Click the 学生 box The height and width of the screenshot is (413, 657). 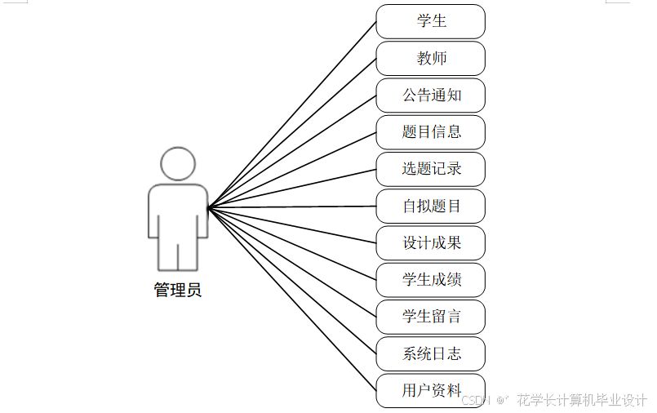coord(430,21)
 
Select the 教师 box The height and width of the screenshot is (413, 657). coord(430,59)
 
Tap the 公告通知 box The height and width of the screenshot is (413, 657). coord(430,95)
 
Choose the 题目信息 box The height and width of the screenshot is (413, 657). coord(430,132)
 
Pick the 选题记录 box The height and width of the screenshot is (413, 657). coord(430,169)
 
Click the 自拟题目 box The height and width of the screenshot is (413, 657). coord(430,206)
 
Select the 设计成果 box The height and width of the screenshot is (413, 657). coord(430,243)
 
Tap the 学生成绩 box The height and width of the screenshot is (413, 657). coord(430,280)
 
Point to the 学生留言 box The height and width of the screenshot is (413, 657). coord(430,317)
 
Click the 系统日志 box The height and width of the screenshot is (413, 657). coord(430,354)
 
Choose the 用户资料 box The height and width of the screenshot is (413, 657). coord(430,391)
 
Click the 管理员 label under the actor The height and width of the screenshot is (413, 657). coord(178,291)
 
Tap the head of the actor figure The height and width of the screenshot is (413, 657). coord(178,163)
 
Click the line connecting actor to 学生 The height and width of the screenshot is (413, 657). coord(292,114)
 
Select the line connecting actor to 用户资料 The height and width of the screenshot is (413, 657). coord(292,299)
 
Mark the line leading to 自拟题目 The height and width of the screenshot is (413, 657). coord(292,207)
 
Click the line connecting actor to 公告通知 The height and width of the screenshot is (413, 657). coord(292,151)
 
